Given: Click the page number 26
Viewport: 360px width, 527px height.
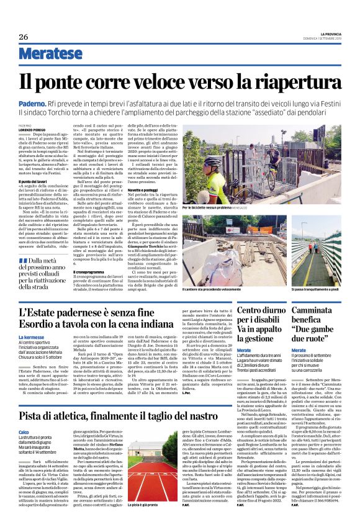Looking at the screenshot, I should tap(22, 37).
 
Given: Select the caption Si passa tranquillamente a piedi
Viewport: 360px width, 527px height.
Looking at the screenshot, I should tap(314, 289).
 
